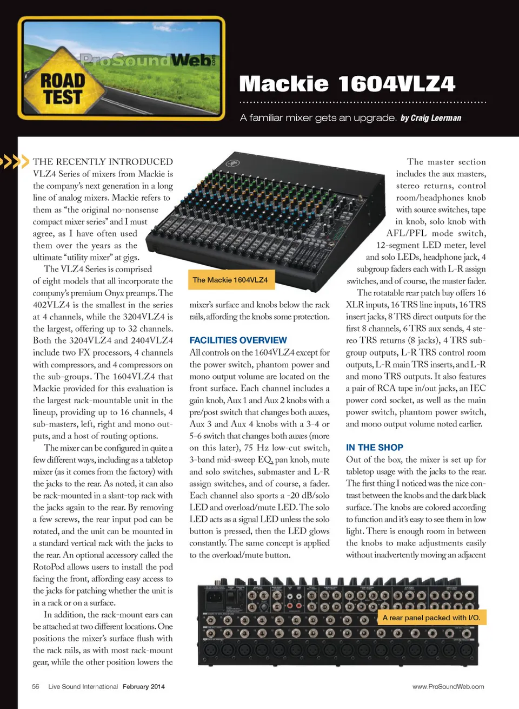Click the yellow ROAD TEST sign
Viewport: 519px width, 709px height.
[x=63, y=89]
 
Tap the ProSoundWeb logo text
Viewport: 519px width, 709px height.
[x=146, y=59]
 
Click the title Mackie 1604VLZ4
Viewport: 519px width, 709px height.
[x=347, y=84]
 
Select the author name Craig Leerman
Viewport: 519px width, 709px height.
[x=436, y=118]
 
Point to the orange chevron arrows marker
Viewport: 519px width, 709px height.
[x=14, y=161]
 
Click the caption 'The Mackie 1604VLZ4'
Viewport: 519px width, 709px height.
[x=230, y=280]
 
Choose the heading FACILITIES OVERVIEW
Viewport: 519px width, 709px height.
[x=238, y=340]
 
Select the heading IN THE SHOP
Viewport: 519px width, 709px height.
[x=374, y=447]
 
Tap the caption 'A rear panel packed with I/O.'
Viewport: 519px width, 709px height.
[x=431, y=618]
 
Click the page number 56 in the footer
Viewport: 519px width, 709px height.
[x=36, y=686]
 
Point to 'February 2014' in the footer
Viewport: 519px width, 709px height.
[x=143, y=686]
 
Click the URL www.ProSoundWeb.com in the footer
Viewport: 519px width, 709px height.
[x=448, y=686]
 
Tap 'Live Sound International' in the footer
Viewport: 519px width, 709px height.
[x=83, y=686]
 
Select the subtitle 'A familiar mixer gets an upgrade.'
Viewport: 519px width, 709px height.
[x=318, y=118]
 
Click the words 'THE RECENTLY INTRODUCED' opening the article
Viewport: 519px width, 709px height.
[x=103, y=161]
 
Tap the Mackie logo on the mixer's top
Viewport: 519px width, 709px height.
[x=234, y=163]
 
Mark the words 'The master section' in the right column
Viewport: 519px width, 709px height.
[x=446, y=161]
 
